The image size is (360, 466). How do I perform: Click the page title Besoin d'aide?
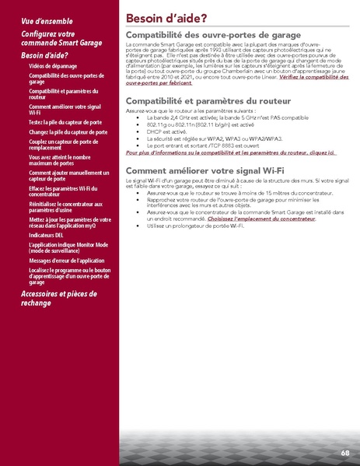point(166,18)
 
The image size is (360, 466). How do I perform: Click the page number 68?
point(344,453)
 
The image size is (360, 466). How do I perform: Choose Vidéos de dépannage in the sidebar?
point(58,67)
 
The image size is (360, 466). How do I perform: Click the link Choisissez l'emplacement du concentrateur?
point(261,220)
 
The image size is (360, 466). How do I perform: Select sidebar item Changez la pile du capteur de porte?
point(65,134)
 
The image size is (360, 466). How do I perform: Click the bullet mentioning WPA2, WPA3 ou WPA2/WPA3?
point(203,138)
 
